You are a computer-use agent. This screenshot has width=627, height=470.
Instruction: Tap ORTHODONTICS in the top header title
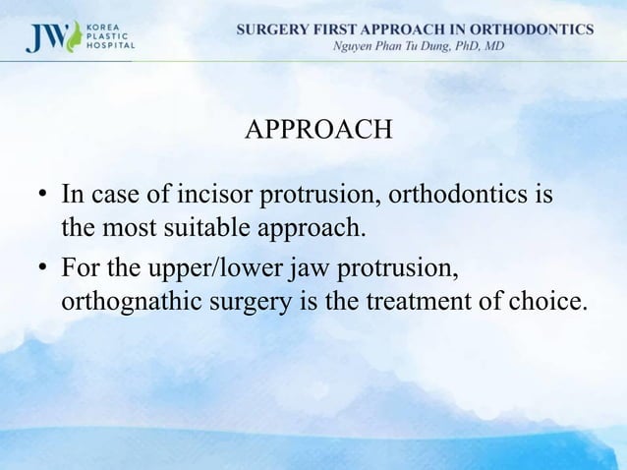tap(532, 29)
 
